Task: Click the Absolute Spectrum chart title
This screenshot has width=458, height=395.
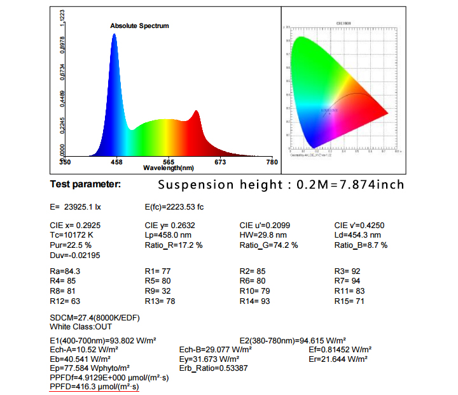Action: coord(139,26)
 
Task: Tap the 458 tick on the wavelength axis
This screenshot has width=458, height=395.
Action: coord(116,162)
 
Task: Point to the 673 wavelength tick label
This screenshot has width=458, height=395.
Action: coord(220,162)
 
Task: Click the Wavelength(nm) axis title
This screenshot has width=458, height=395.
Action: coord(169,168)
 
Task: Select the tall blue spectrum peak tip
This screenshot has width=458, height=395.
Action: coord(114,34)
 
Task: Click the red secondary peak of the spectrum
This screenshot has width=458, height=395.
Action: coord(196,112)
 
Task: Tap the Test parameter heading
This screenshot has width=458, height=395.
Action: coord(85,184)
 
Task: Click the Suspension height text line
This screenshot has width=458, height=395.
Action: coord(281,185)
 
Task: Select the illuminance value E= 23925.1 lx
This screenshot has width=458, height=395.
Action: coord(75,207)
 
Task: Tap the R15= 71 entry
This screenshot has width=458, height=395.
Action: coord(349,301)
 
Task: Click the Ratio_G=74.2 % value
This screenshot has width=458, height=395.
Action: coord(268,245)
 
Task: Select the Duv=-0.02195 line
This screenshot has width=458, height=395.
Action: coord(75,255)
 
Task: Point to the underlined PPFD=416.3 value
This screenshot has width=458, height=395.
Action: coord(94,387)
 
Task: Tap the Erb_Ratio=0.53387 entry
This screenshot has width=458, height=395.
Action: coord(214,368)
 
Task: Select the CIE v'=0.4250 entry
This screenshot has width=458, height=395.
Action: coord(359,225)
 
